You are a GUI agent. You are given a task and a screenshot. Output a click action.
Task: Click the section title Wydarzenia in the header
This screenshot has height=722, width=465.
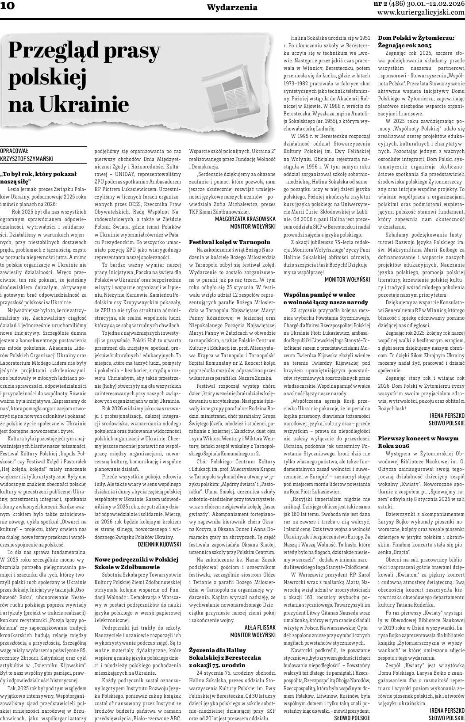[232, 8]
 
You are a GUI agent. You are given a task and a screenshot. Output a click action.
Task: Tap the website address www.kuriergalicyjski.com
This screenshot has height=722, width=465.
[421, 12]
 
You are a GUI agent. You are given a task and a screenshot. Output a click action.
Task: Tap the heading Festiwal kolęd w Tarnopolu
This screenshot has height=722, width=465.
[229, 242]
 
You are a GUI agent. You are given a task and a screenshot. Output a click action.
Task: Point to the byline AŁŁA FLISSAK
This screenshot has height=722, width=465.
[260, 627]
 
